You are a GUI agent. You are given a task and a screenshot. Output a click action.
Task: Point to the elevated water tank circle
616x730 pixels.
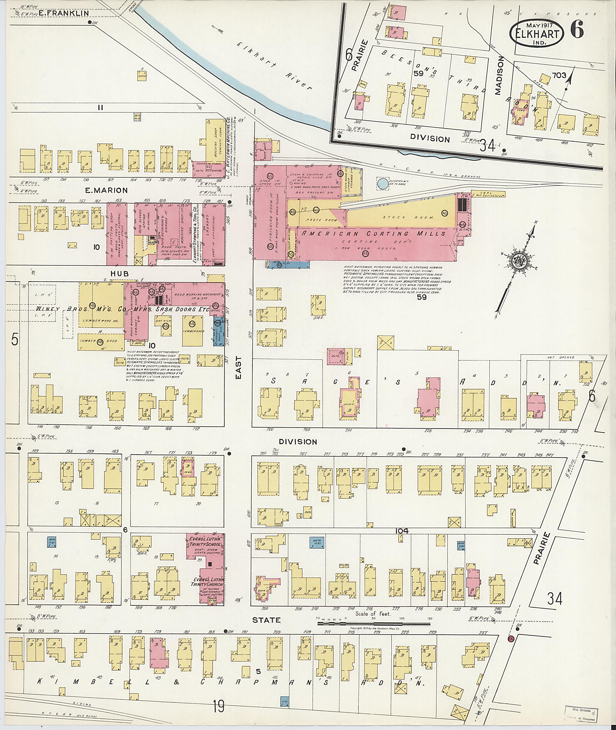[x=383, y=183]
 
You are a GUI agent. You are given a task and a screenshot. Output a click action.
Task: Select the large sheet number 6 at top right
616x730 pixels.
[x=577, y=30]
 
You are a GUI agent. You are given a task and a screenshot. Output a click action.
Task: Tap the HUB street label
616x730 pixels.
[x=119, y=274]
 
